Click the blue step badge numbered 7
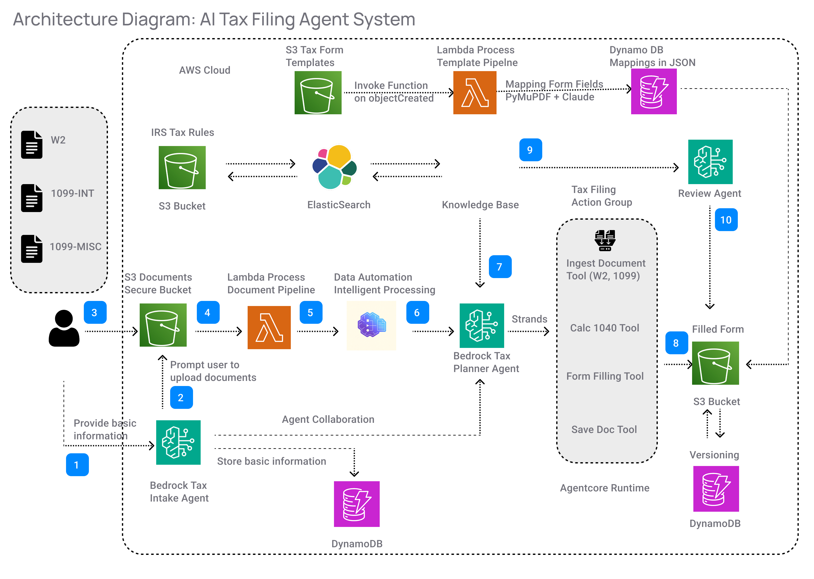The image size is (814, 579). coord(500,266)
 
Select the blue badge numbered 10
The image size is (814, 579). coord(726,220)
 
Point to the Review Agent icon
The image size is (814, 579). coord(710,162)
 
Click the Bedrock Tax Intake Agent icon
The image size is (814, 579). coord(178,442)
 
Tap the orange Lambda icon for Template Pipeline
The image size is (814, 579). coord(475,93)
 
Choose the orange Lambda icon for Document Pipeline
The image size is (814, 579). coord(269,327)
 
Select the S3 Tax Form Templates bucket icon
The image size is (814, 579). coord(318,93)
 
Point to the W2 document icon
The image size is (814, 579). coord(31,144)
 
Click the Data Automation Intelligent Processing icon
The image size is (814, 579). coord(371,325)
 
